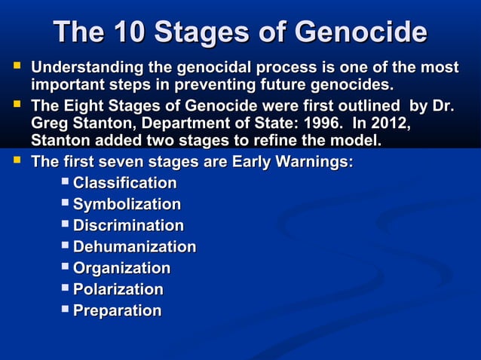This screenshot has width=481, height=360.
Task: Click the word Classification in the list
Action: [x=124, y=183]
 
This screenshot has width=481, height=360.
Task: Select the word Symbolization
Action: [x=127, y=204]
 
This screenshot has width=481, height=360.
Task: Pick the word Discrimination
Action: [x=128, y=225]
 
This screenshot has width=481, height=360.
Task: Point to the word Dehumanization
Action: [x=134, y=246]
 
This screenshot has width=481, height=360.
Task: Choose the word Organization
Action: [x=121, y=267]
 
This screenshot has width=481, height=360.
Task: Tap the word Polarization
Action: [x=118, y=289]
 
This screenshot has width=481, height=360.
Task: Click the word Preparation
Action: [x=117, y=310]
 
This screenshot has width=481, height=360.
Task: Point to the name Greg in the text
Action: [x=50, y=123]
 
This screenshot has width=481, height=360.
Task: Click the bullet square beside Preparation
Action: [x=66, y=309]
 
